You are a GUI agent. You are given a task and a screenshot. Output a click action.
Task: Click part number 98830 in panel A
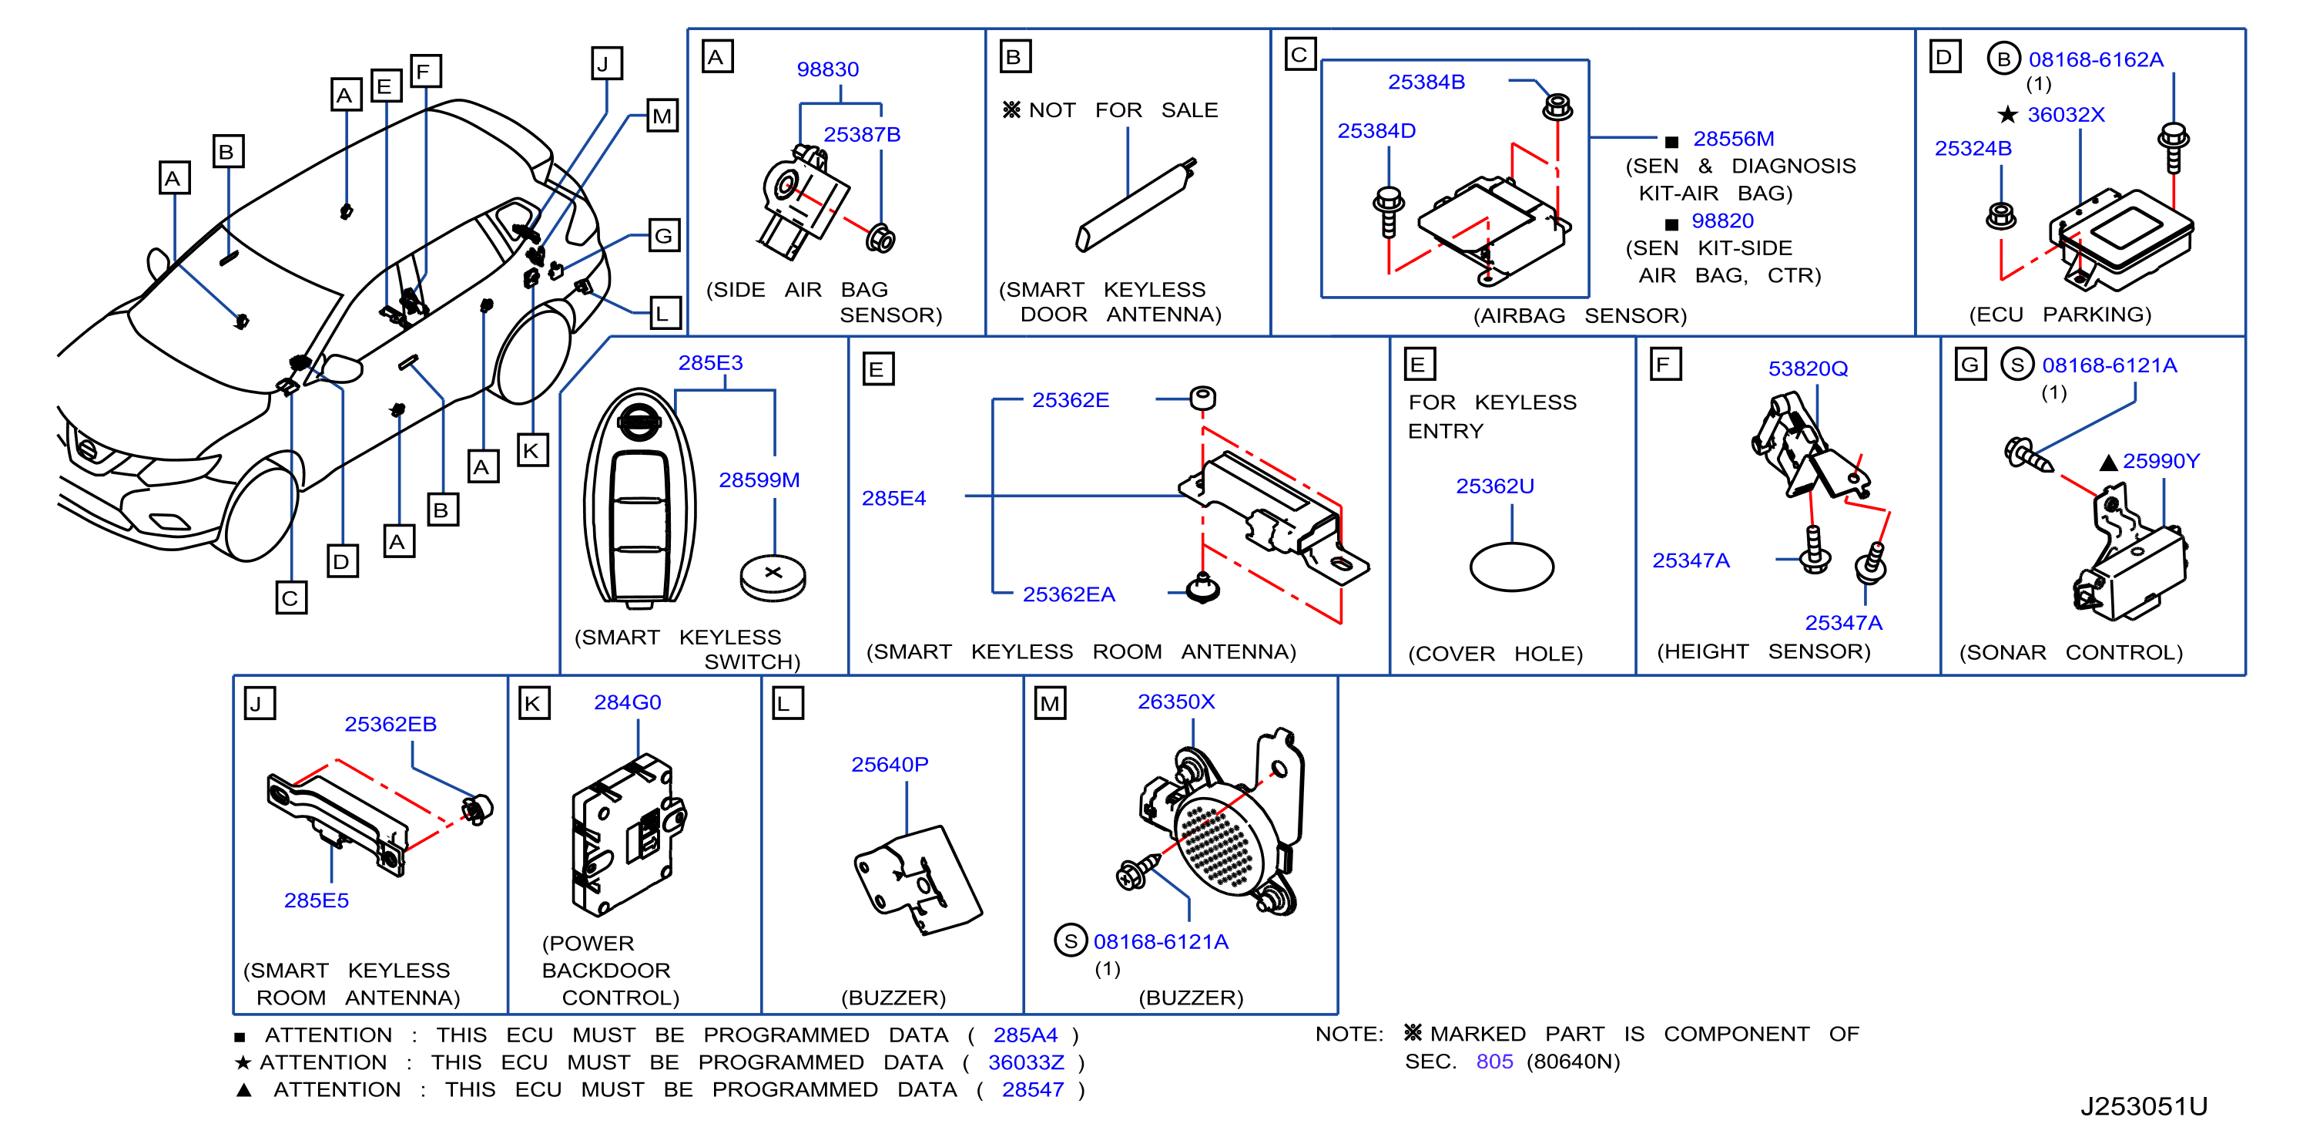(x=827, y=70)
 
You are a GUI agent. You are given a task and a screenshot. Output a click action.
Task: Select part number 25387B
(x=862, y=135)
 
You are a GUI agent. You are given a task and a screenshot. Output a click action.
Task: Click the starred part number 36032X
(x=2065, y=116)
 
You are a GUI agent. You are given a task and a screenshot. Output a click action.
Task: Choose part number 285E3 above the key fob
(x=710, y=363)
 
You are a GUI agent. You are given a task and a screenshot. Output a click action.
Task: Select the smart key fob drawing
(x=639, y=499)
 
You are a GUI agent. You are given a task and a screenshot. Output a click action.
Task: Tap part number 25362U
(x=1495, y=486)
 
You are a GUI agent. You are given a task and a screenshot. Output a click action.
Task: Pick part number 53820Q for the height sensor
(x=1808, y=368)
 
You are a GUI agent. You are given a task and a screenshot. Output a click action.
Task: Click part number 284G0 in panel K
(x=628, y=703)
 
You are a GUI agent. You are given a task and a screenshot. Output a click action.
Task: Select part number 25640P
(x=890, y=765)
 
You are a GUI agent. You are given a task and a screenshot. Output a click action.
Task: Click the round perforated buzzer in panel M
(x=1222, y=840)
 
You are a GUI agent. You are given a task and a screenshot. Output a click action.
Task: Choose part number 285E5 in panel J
(x=317, y=900)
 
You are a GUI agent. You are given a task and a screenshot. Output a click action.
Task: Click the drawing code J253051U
(x=2143, y=1107)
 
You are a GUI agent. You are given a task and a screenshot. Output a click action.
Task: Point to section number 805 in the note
(x=1494, y=1062)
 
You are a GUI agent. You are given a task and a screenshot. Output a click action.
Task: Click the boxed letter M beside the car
(x=662, y=116)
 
